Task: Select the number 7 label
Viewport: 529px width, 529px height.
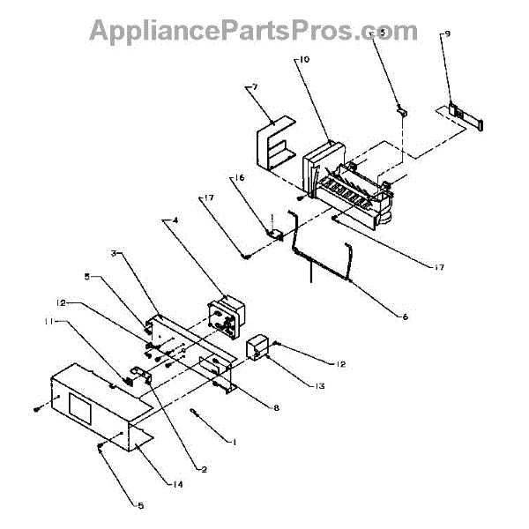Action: point(254,86)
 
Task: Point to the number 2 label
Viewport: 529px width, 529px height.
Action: point(204,470)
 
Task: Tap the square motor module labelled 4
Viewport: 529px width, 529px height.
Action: point(224,317)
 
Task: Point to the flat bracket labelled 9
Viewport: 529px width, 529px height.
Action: point(462,115)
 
